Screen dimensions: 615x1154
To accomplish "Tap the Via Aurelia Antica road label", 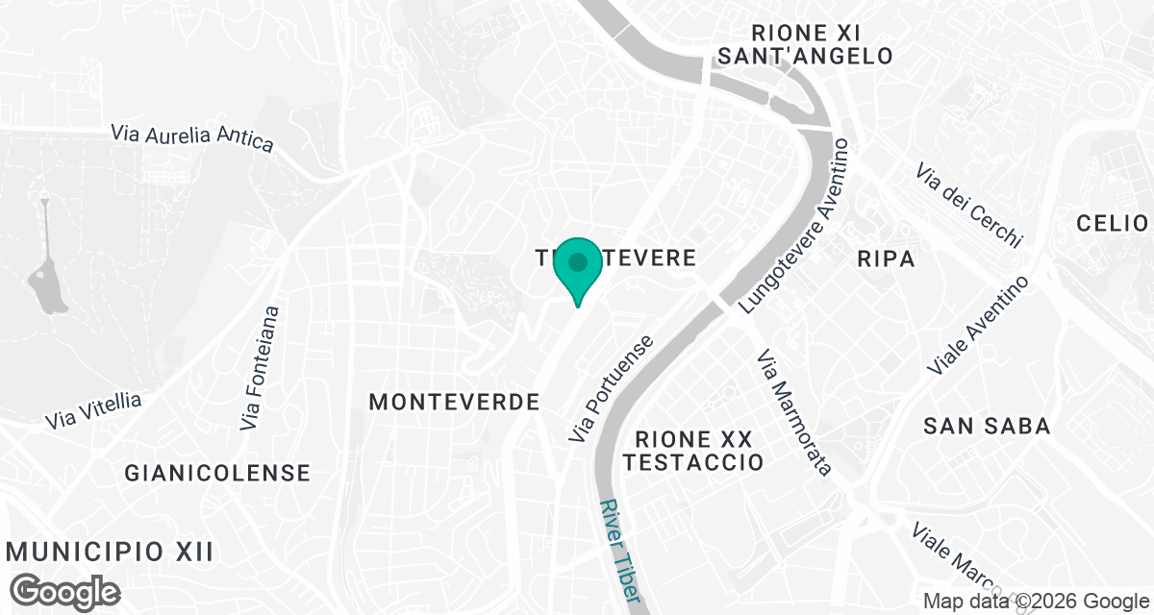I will pos(192,137).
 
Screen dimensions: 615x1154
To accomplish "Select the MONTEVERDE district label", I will pos(454,403).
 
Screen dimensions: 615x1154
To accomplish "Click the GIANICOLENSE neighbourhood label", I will pos(217,473).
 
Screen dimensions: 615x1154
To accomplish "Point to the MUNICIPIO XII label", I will pos(109,552).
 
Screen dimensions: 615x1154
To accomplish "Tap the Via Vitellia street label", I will pos(93,410).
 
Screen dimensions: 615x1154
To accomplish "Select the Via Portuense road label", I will pos(611,389).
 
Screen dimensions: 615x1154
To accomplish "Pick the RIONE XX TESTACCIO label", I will pos(692,451).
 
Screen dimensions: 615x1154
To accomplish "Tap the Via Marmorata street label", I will pos(793,413).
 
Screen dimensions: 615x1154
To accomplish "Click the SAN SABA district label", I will pos(987,426).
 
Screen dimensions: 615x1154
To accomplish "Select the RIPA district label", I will pos(885,258).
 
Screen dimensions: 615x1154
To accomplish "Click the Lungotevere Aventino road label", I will pos(797,227).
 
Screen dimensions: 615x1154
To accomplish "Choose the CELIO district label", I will pos(1113,224).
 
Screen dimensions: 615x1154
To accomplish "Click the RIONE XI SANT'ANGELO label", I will pos(806,44).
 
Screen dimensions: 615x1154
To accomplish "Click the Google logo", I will pos(65,591).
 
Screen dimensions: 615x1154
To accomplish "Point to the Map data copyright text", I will pos(1037,602).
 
